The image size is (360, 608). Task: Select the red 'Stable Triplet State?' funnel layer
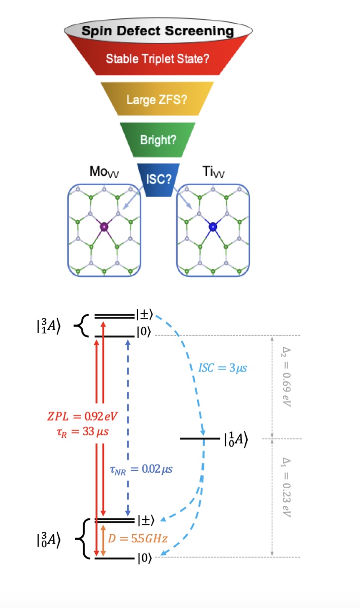tap(157, 58)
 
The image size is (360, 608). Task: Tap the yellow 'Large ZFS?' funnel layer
tap(157, 100)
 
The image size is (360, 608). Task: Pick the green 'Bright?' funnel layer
tap(157, 140)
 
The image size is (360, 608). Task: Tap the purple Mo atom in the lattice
tap(104, 227)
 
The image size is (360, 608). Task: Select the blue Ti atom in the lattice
tap(212, 227)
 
